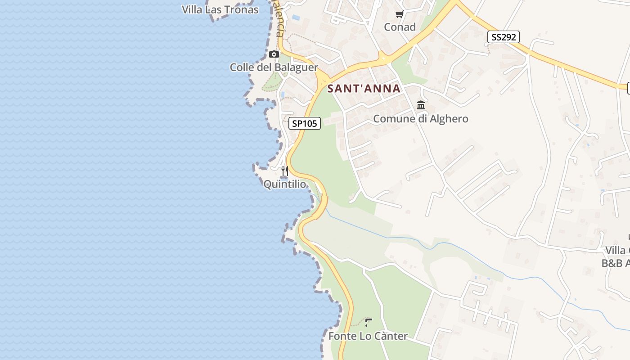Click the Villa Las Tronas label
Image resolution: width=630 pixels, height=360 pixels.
tap(220, 9)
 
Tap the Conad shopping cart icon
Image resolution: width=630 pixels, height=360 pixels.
tap(399, 14)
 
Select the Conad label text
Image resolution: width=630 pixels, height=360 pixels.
tap(400, 27)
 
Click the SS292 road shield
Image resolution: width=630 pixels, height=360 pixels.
tap(503, 37)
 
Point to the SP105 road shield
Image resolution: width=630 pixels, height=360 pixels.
tap(305, 123)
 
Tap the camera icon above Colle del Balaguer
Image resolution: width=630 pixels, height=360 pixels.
tap(274, 54)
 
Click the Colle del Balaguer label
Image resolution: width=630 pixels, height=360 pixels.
tap(274, 67)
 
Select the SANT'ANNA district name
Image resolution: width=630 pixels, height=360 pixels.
tap(364, 88)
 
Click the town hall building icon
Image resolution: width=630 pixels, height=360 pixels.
tap(421, 105)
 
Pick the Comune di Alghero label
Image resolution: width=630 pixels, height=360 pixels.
tap(421, 119)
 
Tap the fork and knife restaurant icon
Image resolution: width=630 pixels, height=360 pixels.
tap(284, 171)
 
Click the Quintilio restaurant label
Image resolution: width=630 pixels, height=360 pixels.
tap(284, 184)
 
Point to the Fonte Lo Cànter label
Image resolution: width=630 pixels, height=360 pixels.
tap(368, 336)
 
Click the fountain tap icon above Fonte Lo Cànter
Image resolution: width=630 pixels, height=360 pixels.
tap(369, 322)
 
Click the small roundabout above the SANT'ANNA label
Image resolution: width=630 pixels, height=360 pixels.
tap(383, 58)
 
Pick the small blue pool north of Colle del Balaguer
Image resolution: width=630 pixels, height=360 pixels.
tap(296, 18)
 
